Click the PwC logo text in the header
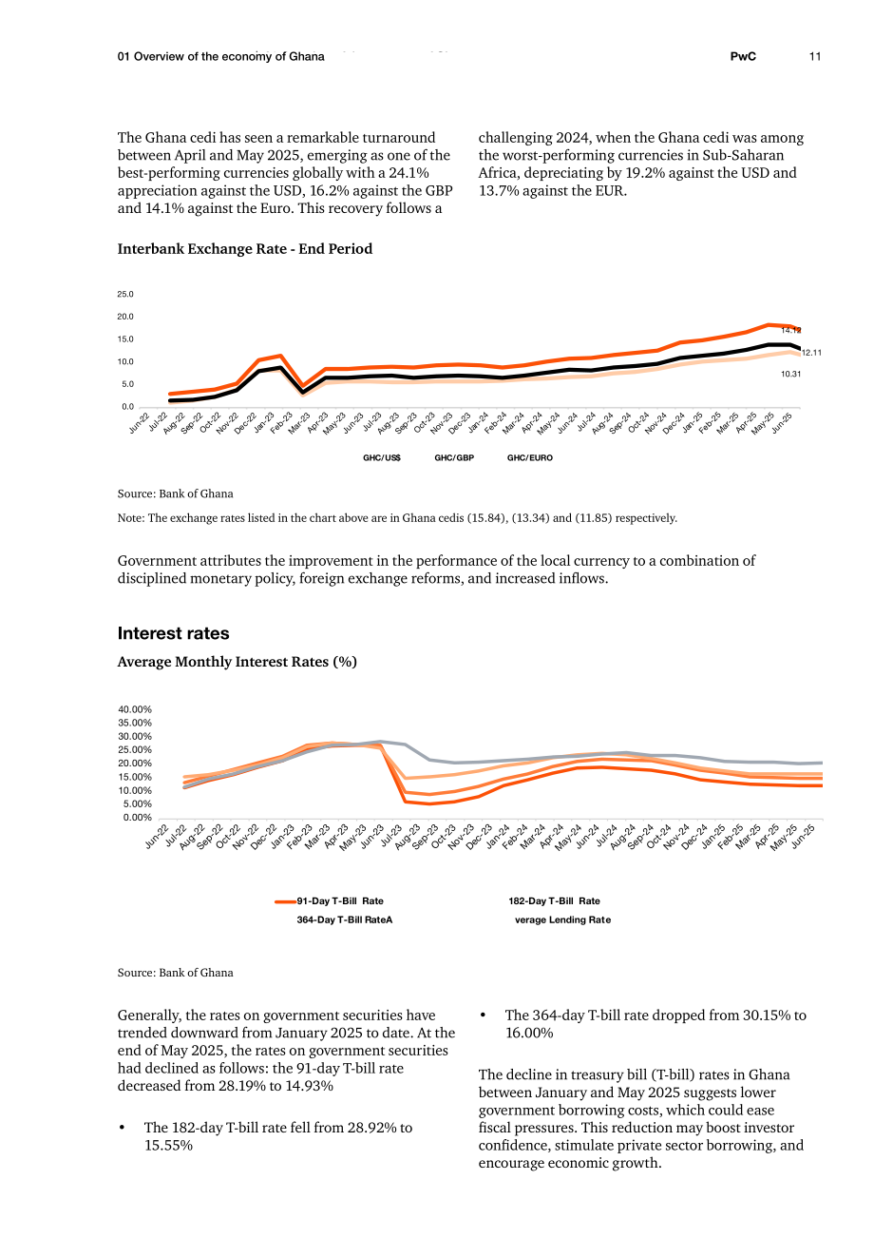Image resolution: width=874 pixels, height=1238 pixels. click(743, 56)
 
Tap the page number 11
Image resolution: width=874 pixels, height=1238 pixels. click(814, 56)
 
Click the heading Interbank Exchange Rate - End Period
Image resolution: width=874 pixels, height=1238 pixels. click(244, 249)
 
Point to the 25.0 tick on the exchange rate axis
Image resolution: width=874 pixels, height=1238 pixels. click(125, 294)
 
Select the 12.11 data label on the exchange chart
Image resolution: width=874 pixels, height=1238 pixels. click(811, 353)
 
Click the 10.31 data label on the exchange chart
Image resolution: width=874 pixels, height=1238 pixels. click(790, 375)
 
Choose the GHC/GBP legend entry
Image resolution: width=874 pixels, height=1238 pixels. click(454, 457)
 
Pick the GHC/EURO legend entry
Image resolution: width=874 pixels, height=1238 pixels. click(529, 457)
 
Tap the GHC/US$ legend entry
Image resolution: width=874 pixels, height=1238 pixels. click(382, 457)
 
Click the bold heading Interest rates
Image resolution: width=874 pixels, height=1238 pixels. click(173, 633)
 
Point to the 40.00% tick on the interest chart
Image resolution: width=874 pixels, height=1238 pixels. click(135, 709)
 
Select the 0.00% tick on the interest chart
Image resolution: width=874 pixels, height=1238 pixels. click(138, 817)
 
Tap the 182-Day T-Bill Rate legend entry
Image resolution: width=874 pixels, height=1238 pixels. click(554, 900)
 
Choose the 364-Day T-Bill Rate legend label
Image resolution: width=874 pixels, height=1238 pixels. click(343, 919)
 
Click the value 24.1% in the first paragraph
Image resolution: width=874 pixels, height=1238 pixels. click(408, 173)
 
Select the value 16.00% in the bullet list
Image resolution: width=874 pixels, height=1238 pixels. click(529, 1033)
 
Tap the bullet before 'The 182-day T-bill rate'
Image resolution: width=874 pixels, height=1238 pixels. click(122, 1128)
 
